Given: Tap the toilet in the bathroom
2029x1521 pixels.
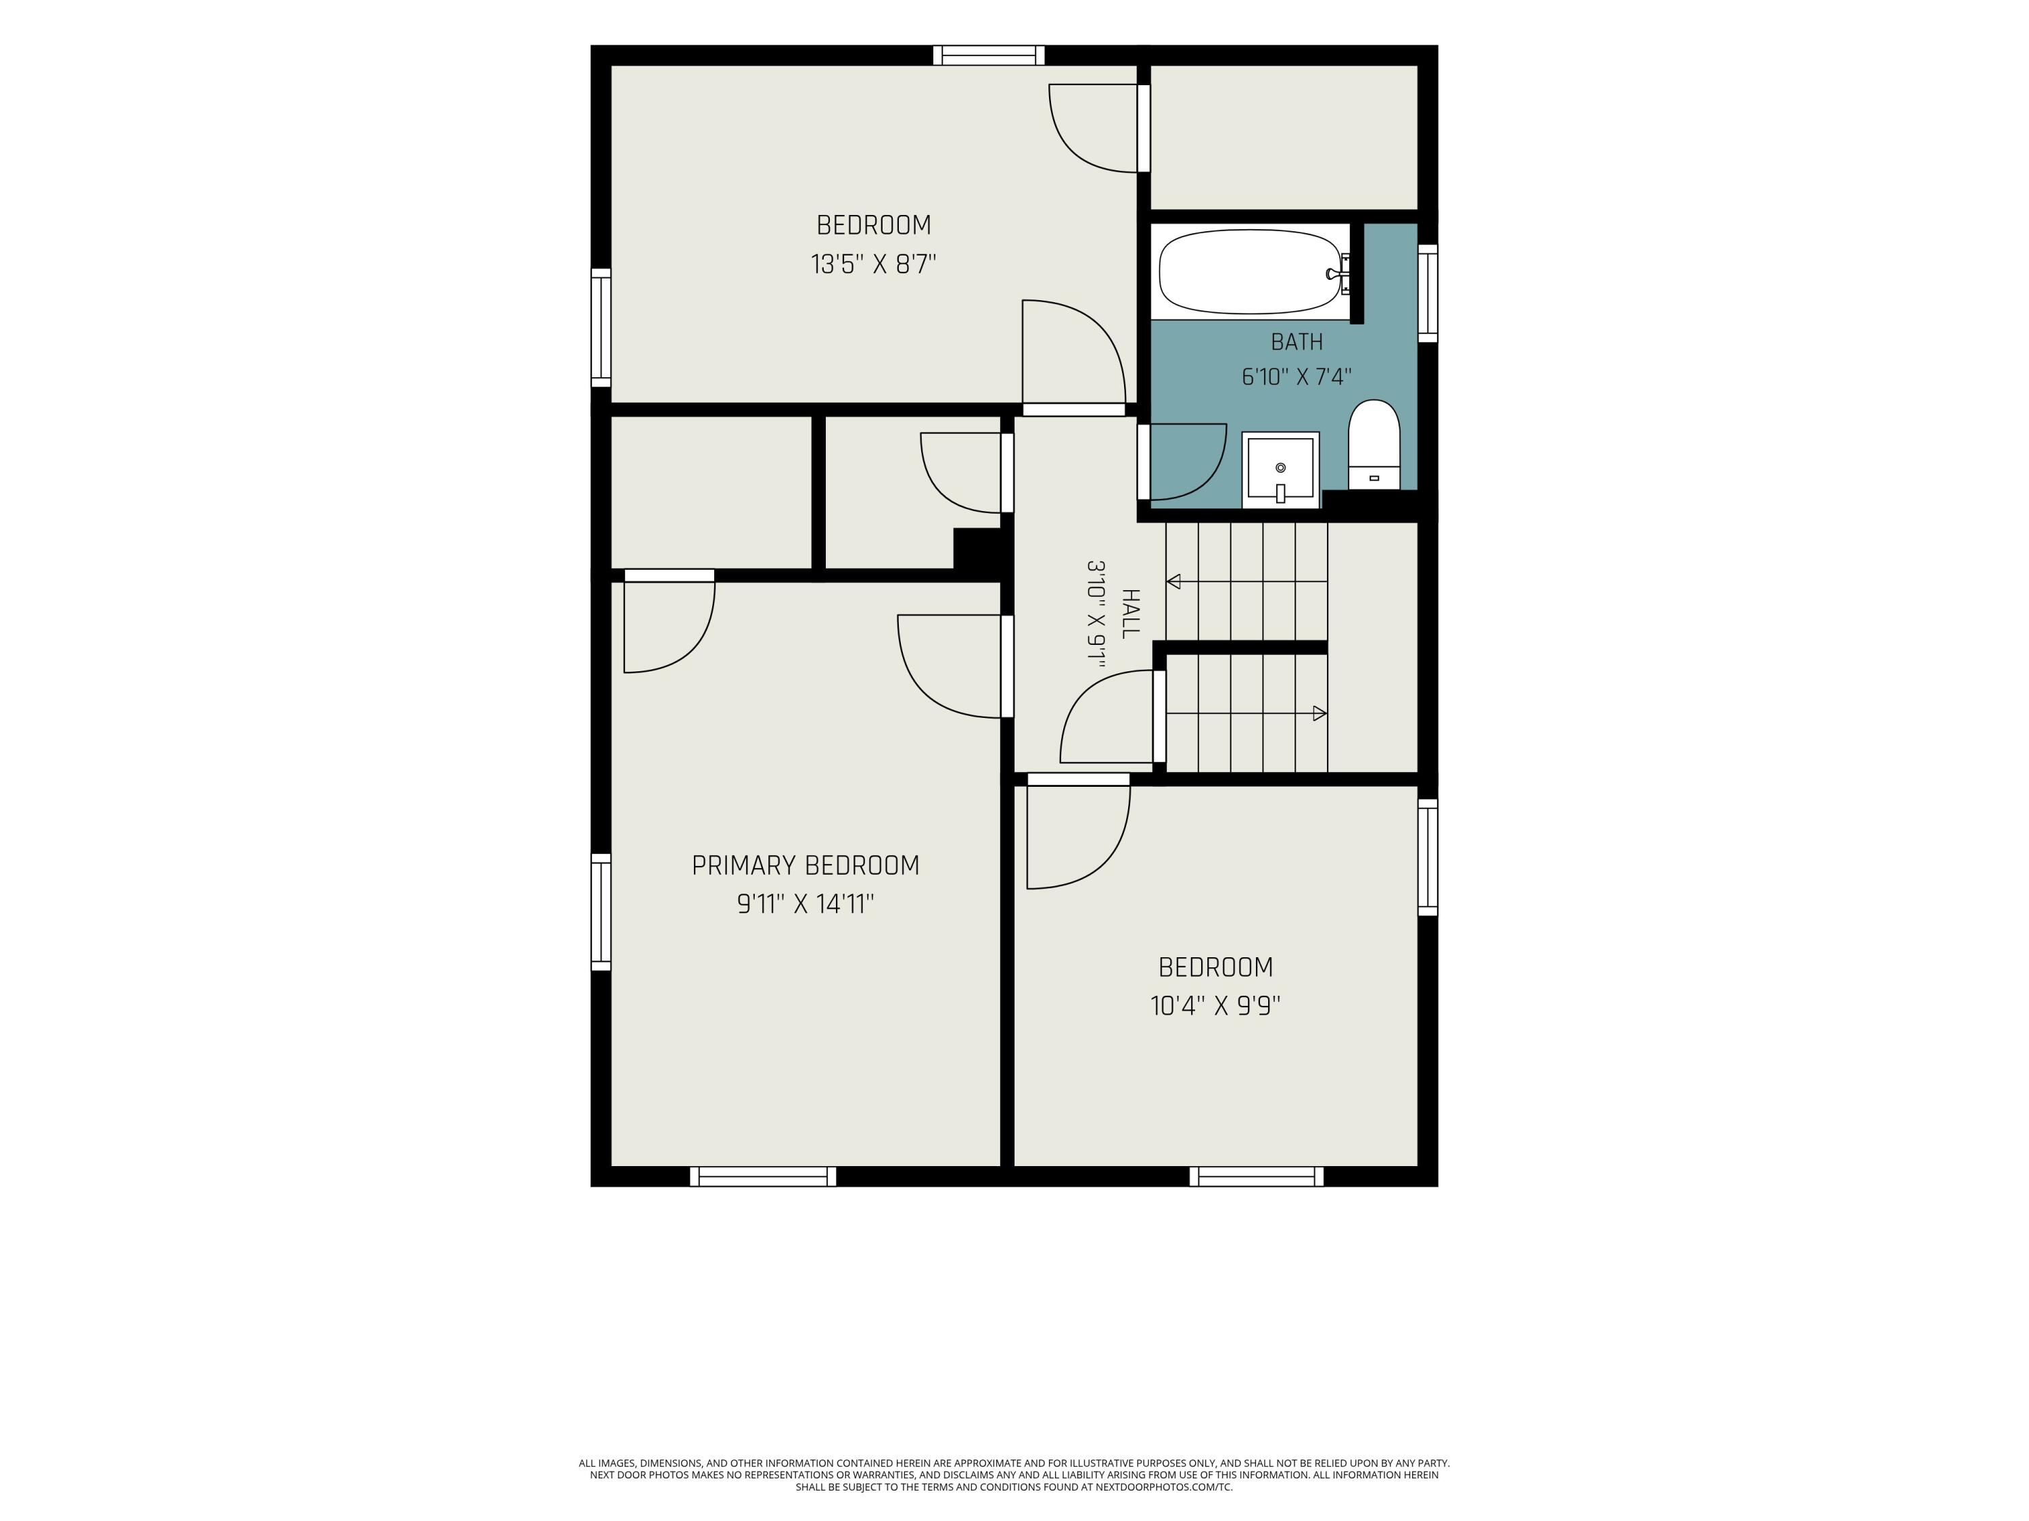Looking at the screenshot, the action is pos(1374,445).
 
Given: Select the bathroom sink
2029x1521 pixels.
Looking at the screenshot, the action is pos(1280,469).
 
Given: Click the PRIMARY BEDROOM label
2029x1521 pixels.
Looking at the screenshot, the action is pos(806,865).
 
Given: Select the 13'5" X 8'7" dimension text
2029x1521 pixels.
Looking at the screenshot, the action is pos(873,265).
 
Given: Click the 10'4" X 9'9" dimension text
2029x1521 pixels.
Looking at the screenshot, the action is pos(1215,1007).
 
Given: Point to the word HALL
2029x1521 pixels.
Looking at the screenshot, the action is pos(1131,613).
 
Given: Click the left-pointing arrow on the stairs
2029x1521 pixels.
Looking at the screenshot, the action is pos(1246,581).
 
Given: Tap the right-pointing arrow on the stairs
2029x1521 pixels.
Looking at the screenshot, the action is pos(1246,713).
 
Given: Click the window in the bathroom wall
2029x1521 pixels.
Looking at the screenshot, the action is pos(1428,293).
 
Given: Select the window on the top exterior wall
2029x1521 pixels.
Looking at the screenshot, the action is pos(989,55).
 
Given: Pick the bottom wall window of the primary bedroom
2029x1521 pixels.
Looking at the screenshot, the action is pos(763,1176).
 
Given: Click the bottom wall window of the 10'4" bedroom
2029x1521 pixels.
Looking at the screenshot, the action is pos(1257,1176).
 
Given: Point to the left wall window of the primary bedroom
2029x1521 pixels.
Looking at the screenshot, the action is pos(601,912).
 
